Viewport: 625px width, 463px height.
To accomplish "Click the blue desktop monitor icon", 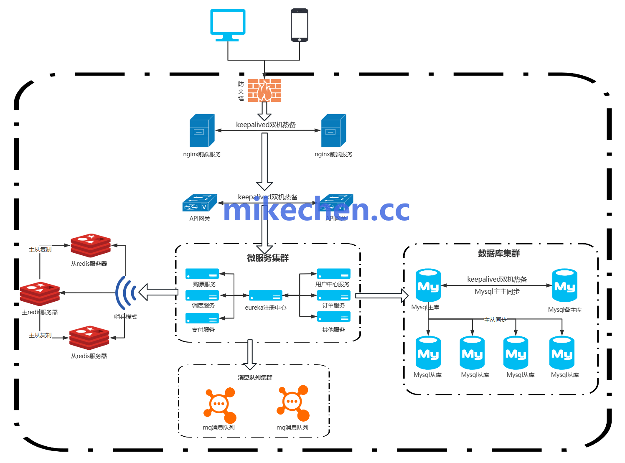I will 228,24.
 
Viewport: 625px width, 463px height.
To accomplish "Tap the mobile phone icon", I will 300,25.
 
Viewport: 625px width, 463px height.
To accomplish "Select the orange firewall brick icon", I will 264,90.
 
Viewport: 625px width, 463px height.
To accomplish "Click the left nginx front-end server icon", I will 202,131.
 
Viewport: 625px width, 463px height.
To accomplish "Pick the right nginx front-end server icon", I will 333,131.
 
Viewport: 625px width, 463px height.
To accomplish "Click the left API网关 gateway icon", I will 200,203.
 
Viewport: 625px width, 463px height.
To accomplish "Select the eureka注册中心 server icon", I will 266,295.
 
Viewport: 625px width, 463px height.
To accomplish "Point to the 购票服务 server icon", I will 202,274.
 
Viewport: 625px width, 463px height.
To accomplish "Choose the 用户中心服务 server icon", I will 333,274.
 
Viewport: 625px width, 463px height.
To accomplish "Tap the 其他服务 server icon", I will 333,317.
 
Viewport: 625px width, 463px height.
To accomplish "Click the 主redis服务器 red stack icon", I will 40,293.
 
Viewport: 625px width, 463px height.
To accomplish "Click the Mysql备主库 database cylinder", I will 565,285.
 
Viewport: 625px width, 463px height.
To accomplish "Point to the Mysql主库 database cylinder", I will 428,285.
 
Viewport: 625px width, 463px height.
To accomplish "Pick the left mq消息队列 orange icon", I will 220,405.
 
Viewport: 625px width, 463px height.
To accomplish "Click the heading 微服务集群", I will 268,258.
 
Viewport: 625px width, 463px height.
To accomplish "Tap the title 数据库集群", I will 499,253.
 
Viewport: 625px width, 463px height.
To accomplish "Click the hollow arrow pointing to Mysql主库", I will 381,295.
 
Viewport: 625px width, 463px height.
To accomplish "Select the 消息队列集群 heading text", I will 255,377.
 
